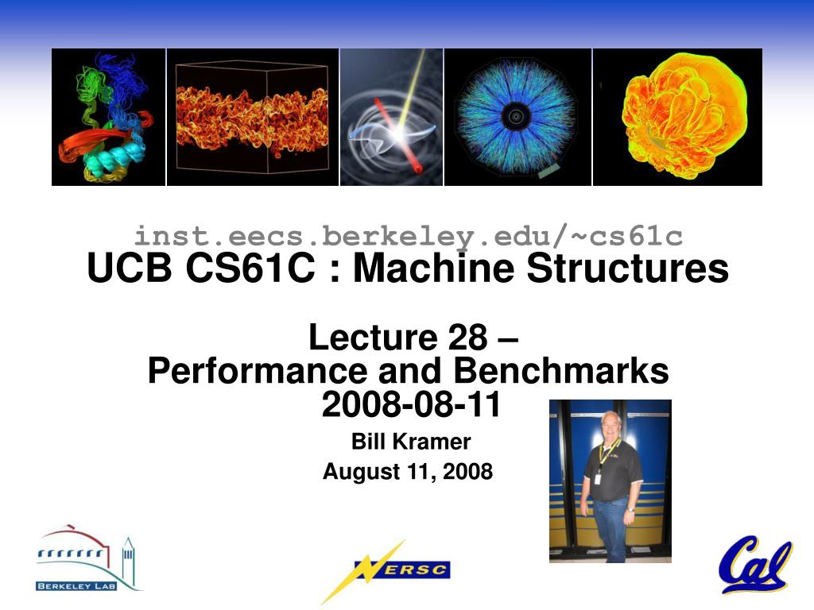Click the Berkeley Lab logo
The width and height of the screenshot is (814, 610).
click(89, 558)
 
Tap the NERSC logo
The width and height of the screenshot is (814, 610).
click(386, 570)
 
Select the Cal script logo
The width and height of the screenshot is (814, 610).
click(756, 566)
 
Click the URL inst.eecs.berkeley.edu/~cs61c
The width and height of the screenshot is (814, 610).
click(409, 237)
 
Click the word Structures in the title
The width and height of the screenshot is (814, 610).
click(628, 268)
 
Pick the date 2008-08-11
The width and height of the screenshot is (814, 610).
click(411, 404)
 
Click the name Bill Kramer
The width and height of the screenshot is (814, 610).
click(411, 442)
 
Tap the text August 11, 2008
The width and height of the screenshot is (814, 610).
click(408, 472)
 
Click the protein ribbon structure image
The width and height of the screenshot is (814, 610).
click(108, 118)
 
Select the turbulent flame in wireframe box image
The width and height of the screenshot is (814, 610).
click(252, 118)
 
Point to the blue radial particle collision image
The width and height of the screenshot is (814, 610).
click(517, 118)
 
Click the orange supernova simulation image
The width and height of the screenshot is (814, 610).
click(677, 118)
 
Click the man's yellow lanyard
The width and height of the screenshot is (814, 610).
click(607, 452)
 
